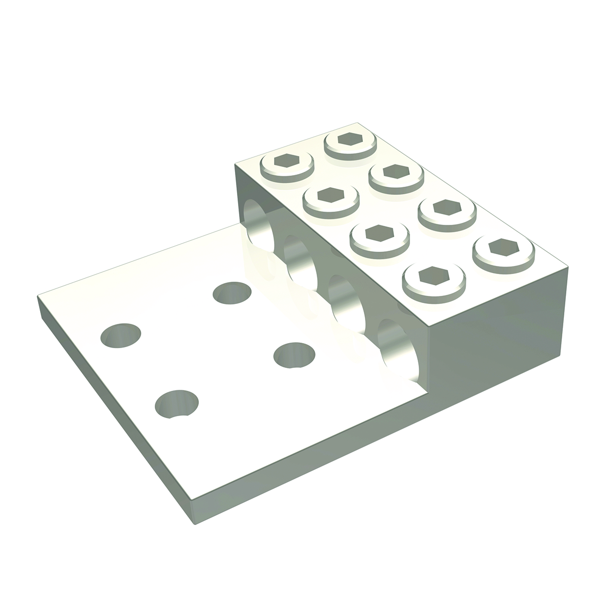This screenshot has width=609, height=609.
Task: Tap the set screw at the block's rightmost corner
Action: (x=503, y=250)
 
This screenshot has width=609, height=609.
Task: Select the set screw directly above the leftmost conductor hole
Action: (x=286, y=163)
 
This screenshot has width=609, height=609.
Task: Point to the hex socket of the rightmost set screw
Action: (x=503, y=247)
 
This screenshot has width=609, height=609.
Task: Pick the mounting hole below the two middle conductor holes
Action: (x=294, y=355)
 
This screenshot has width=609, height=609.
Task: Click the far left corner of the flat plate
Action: (x=39, y=299)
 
